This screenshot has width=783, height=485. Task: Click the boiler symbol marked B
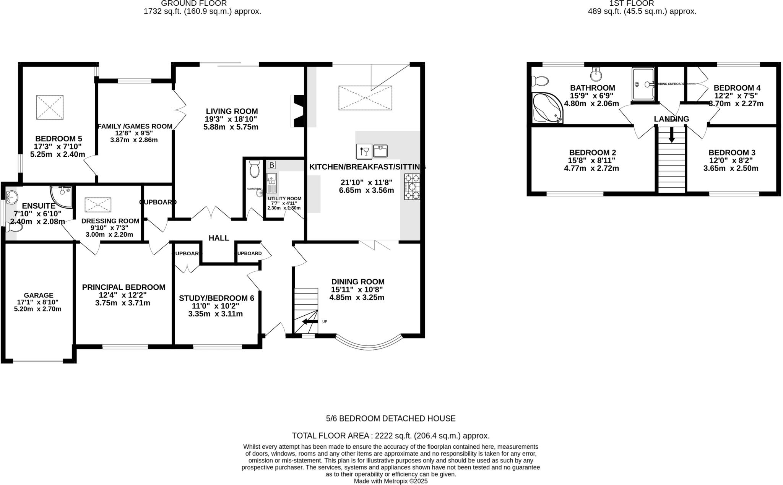pyautogui.click(x=271, y=165)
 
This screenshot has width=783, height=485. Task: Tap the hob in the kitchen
pyautogui.click(x=412, y=187)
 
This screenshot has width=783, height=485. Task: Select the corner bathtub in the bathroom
pyautogui.click(x=547, y=108)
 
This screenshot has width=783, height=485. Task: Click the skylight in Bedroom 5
pyautogui.click(x=50, y=107)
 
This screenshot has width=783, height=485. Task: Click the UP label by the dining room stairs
pyautogui.click(x=325, y=321)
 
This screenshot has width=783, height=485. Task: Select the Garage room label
pyautogui.click(x=38, y=295)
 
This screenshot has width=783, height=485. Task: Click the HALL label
pyautogui.click(x=219, y=238)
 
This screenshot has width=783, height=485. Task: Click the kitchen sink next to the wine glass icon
pyautogui.click(x=380, y=151)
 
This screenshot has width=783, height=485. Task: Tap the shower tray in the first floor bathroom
pyautogui.click(x=643, y=84)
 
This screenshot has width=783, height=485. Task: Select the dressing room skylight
pyautogui.click(x=98, y=205)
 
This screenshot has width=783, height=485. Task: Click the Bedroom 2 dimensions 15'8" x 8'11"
pyautogui.click(x=592, y=161)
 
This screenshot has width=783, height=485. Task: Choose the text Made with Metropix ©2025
pyautogui.click(x=390, y=481)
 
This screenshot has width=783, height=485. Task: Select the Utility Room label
pyautogui.click(x=284, y=199)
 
